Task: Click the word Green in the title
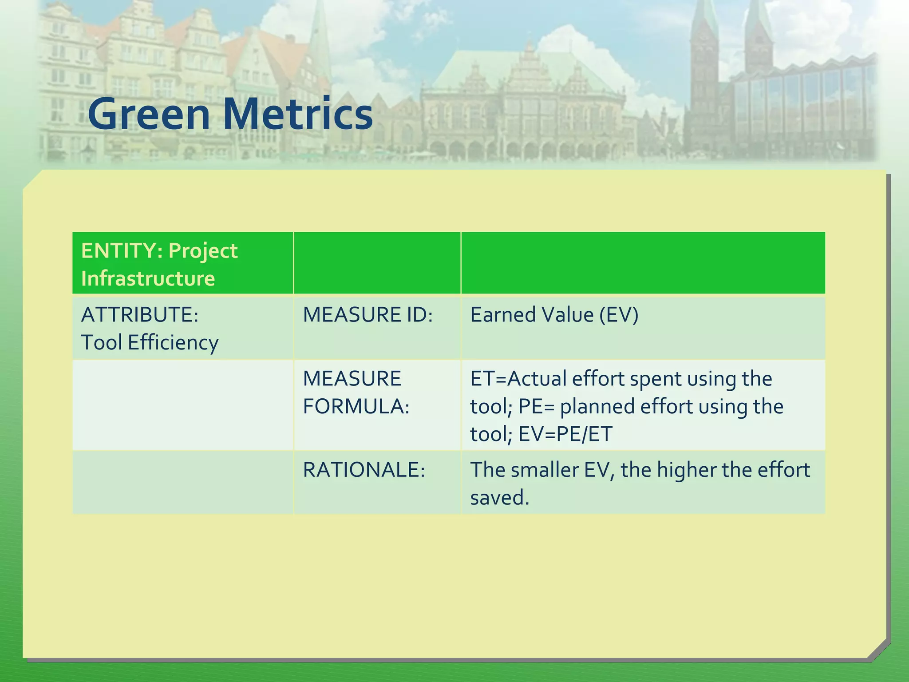click(x=149, y=114)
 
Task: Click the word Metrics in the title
click(x=297, y=114)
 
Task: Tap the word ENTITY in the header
click(x=118, y=251)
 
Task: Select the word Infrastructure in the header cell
click(x=148, y=279)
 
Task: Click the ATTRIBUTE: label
click(x=140, y=315)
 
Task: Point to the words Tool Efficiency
click(x=150, y=343)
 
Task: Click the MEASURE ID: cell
click(x=368, y=315)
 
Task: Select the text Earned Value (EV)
click(x=554, y=315)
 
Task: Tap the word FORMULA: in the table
click(x=356, y=406)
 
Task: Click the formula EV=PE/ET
click(x=565, y=434)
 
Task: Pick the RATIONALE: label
click(x=364, y=470)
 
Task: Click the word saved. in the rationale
click(x=500, y=498)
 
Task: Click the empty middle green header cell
click(x=377, y=263)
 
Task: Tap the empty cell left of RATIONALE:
click(x=182, y=483)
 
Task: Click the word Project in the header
click(x=203, y=251)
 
